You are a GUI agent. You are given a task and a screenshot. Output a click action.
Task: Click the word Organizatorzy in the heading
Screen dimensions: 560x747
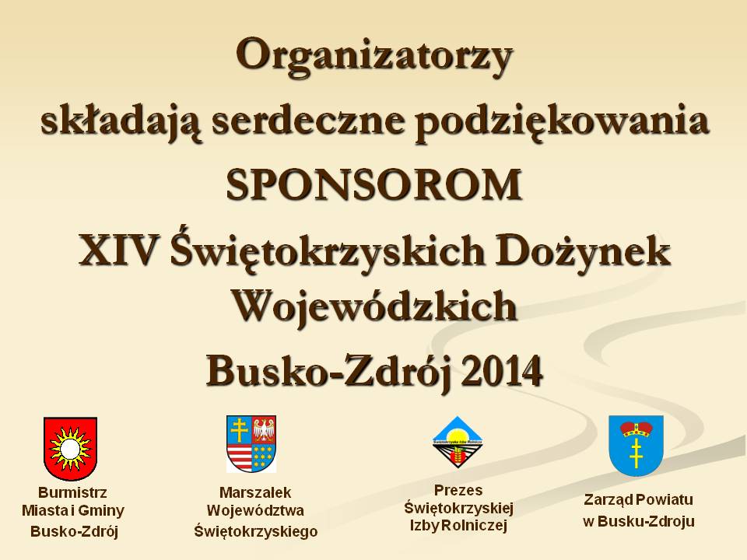[x=374, y=56]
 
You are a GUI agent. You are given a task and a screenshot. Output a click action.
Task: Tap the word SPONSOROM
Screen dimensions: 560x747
[x=374, y=185]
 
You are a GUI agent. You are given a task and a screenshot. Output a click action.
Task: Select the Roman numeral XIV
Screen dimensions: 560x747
[x=119, y=252]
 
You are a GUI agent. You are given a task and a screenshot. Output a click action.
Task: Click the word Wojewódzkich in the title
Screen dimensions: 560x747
[x=375, y=305]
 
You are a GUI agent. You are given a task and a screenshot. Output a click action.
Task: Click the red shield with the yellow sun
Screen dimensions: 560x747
[x=70, y=449]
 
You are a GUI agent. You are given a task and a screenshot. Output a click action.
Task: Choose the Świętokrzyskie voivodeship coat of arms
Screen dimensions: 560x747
[x=251, y=443]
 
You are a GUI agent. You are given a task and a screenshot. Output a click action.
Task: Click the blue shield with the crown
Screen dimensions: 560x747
[x=636, y=445]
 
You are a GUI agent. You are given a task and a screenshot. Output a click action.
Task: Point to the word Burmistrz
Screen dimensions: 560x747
[x=72, y=492]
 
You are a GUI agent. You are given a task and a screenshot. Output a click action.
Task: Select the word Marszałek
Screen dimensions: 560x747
[x=255, y=492]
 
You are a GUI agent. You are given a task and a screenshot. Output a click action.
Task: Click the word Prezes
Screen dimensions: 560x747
[x=458, y=491]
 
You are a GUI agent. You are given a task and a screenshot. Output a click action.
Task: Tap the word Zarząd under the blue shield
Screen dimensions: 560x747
[x=608, y=499]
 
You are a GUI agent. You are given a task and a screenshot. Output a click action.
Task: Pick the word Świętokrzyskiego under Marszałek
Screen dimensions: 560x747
[x=255, y=531]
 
